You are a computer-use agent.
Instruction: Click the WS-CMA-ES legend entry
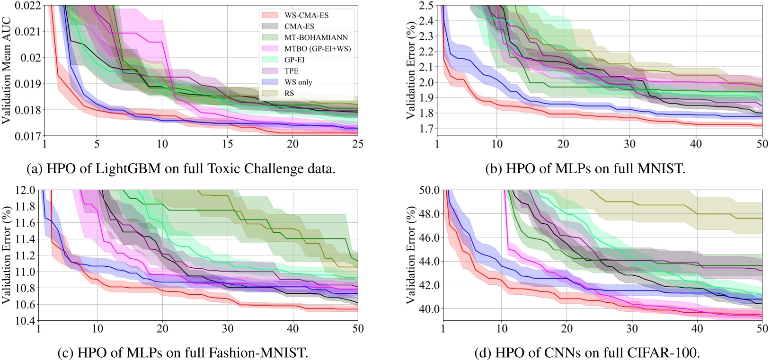click(x=306, y=15)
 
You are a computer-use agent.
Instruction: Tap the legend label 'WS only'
click(x=298, y=82)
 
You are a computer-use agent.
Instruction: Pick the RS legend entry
click(x=289, y=93)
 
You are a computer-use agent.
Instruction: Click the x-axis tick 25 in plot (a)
click(x=357, y=144)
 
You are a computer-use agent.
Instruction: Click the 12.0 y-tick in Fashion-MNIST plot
click(x=27, y=190)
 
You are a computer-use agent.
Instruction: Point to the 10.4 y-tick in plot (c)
click(x=27, y=321)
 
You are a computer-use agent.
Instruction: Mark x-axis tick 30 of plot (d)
click(x=632, y=328)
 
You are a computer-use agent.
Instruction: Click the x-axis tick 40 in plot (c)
click(x=292, y=328)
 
